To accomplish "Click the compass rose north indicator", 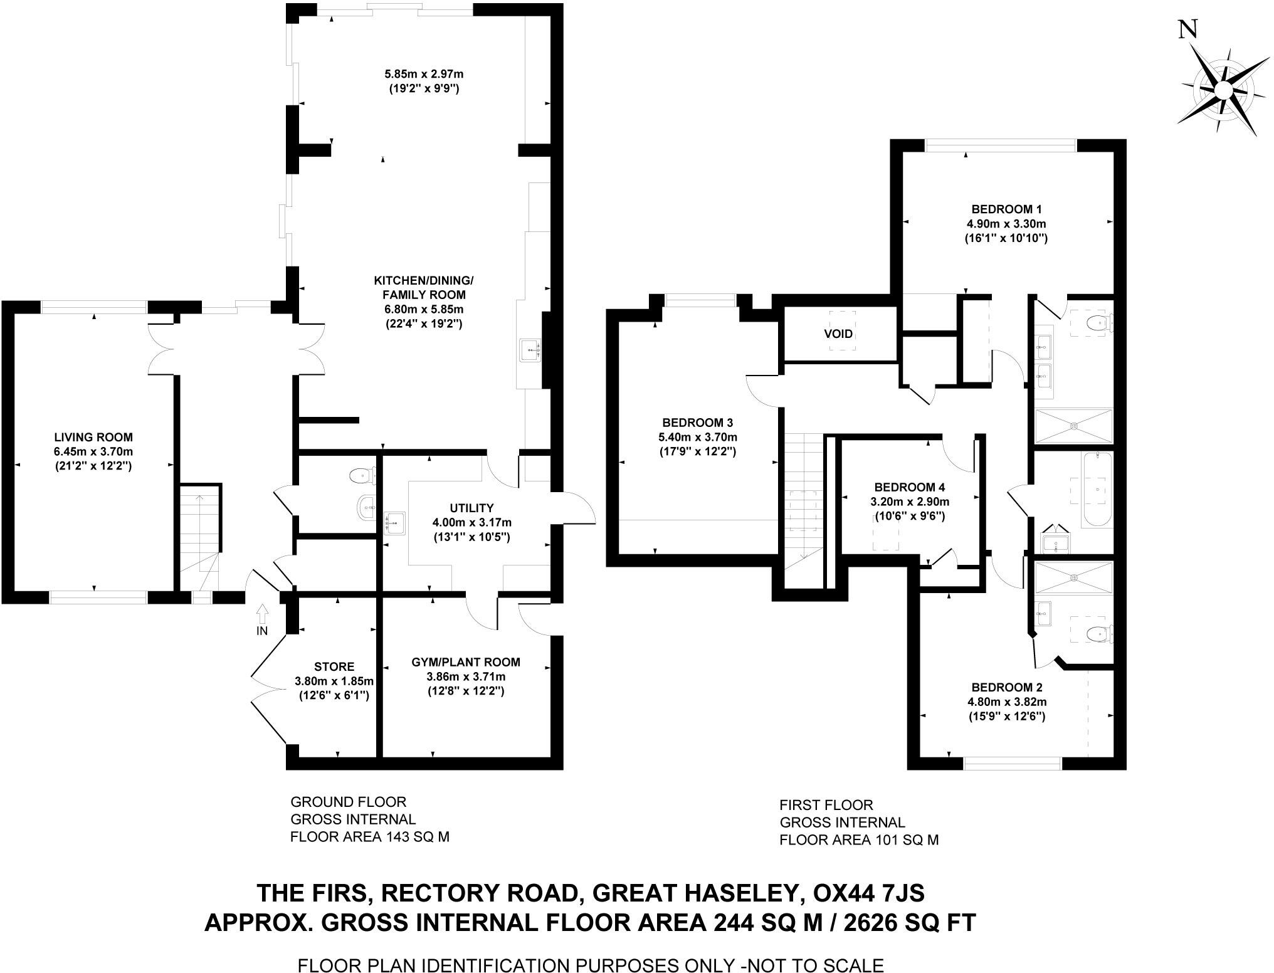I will tap(1223, 90).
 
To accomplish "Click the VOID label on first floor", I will tap(838, 334).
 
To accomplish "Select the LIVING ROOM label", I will tap(93, 437).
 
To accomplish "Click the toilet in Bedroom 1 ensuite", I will tap(1099, 323).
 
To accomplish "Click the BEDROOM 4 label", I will tap(909, 487).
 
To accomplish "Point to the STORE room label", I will tap(334, 666).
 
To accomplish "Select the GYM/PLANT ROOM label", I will tap(466, 661).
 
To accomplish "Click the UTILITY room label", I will tap(471, 508).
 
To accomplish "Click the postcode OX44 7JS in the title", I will tap(868, 891).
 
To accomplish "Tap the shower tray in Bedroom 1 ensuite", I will tap(1074, 426).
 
